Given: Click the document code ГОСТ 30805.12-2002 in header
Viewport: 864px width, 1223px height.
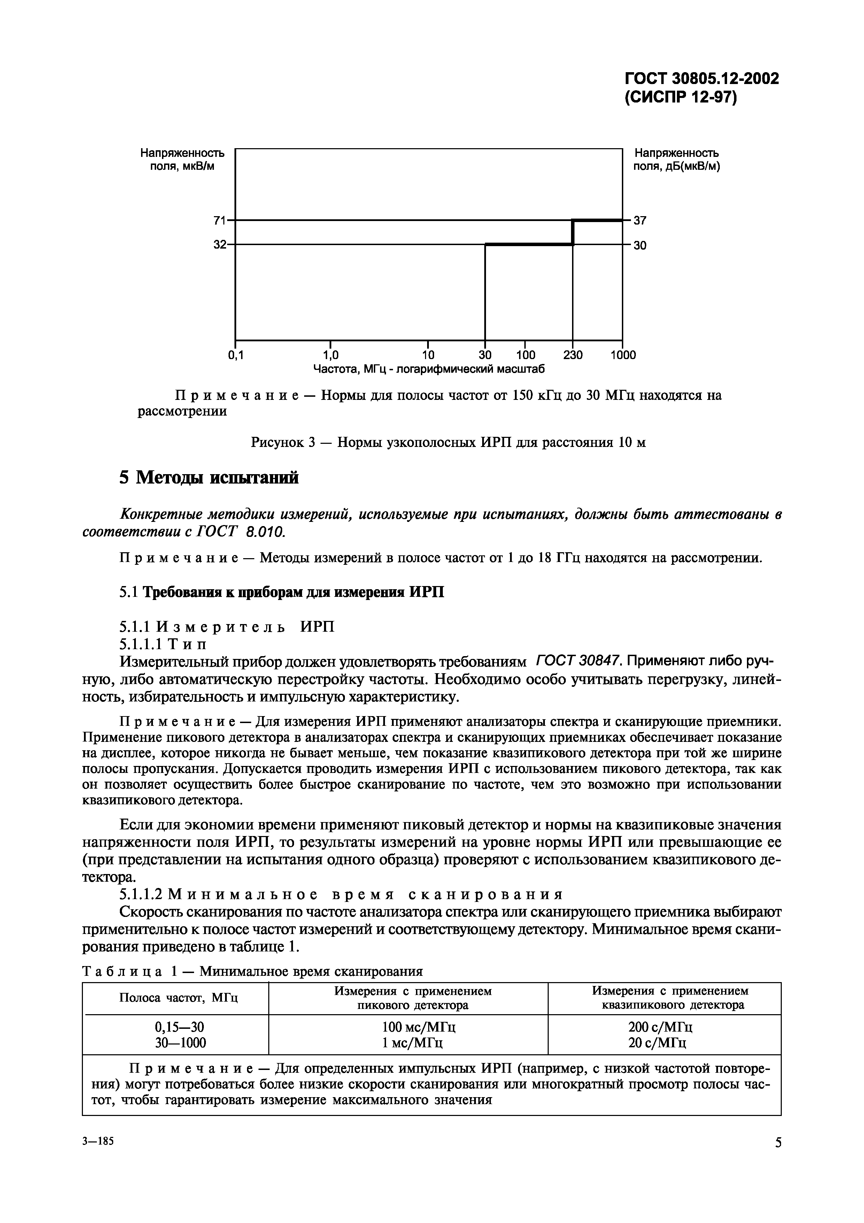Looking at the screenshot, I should [x=701, y=79].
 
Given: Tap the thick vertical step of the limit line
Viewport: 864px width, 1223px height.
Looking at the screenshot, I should [x=573, y=232].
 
